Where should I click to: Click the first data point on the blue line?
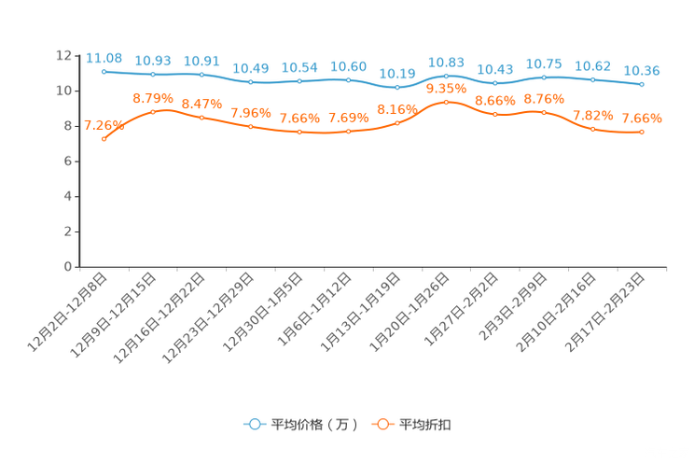click(104, 71)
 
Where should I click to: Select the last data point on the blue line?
click(641, 85)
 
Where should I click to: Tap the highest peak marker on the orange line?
click(446, 101)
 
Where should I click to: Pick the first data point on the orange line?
click(104, 139)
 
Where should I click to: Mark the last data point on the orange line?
click(641, 133)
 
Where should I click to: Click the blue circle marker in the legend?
click(253, 424)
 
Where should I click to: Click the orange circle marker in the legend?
click(382, 424)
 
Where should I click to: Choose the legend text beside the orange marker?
click(427, 425)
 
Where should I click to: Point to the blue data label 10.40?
click(249, 68)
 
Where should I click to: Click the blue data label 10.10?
click(397, 73)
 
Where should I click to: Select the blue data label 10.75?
click(544, 63)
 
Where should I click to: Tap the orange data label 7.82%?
click(592, 115)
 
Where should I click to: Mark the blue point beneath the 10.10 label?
click(397, 88)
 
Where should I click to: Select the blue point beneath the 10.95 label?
click(446, 75)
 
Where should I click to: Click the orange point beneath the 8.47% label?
click(201, 118)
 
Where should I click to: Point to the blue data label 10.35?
click(642, 70)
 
